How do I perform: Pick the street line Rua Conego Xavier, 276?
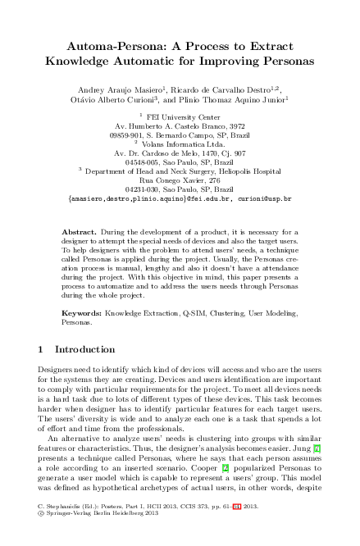pyautogui.click(x=180, y=180)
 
